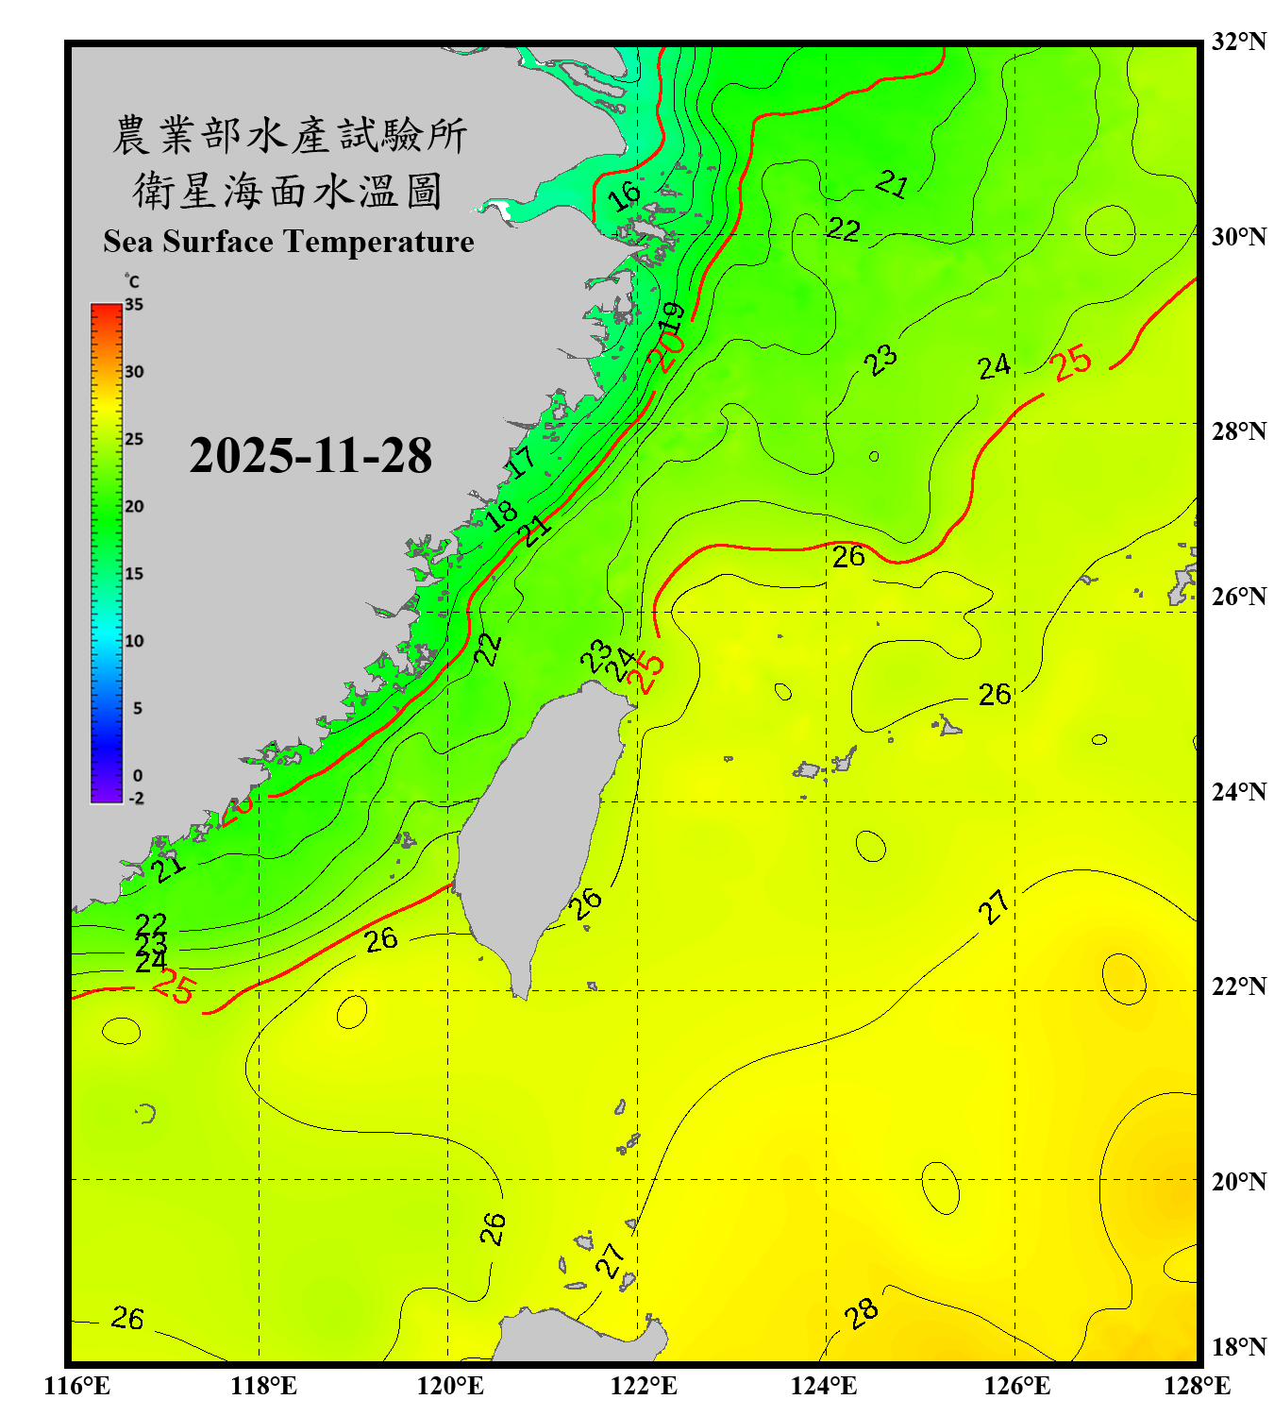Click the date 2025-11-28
(310, 455)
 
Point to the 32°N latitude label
(1238, 42)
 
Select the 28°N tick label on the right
(1238, 430)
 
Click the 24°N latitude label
(1238, 791)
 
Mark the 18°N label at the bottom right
(1238, 1347)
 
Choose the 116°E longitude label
(77, 1386)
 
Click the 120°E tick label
(450, 1386)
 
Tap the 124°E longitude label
(824, 1386)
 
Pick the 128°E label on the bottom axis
(1197, 1386)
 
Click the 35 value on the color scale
(134, 304)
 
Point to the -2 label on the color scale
(136, 798)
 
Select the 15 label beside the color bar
(134, 573)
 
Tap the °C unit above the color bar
(132, 281)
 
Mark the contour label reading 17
(520, 462)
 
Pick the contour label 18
(501, 514)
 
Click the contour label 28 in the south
(861, 1313)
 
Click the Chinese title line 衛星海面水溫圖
(288, 191)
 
